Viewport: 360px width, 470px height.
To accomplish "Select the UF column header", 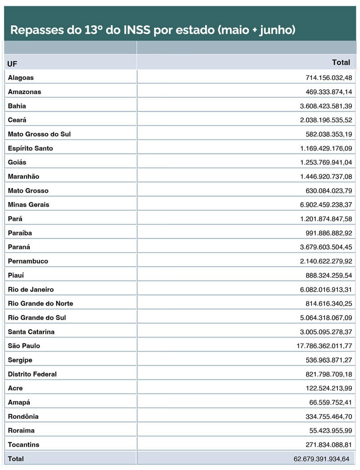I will pos(13,63).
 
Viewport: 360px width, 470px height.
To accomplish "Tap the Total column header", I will pos(341,62).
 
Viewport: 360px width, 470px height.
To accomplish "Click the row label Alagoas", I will pos(21,77).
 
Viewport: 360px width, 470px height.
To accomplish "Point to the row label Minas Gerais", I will pos(28,204).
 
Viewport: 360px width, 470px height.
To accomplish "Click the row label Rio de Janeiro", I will pos(31,289).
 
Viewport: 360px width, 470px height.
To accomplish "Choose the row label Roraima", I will pos(21,430).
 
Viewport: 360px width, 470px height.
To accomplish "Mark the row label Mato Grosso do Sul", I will pos(39,134).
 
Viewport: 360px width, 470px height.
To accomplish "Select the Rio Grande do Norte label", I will pos(40,303).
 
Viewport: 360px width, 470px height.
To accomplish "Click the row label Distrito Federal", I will pos(32,374).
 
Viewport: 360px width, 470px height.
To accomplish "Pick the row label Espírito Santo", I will pos(30,148).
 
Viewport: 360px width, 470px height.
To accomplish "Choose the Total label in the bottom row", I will pos(16,459).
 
